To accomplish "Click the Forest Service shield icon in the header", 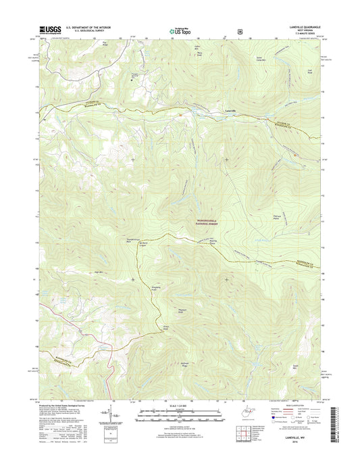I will click(x=239, y=30).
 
